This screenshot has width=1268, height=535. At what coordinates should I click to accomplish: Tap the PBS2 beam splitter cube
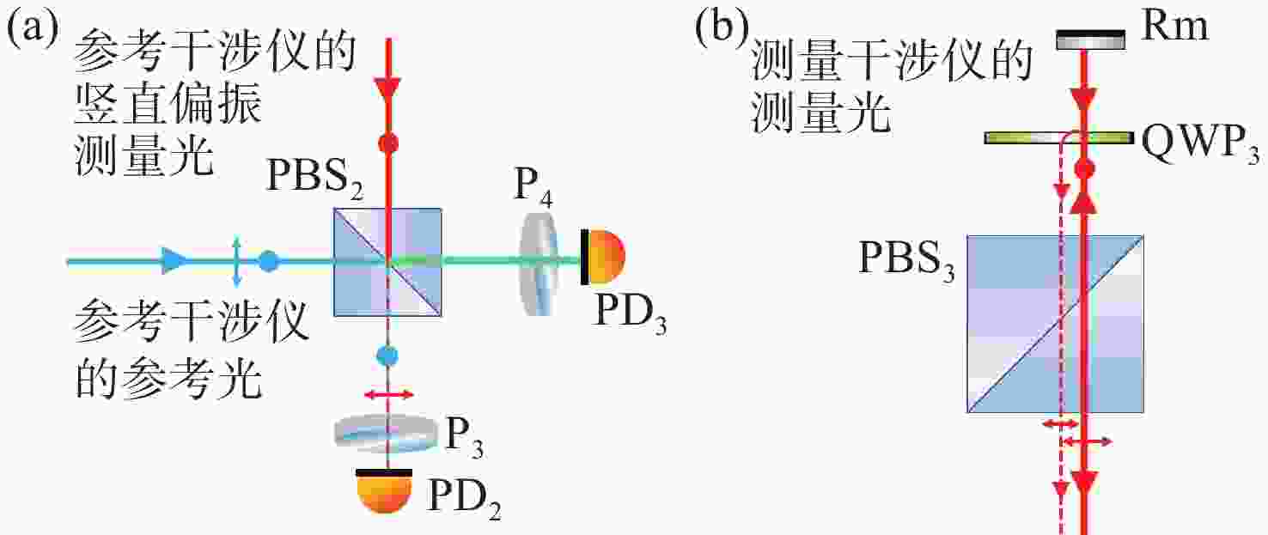tap(387, 262)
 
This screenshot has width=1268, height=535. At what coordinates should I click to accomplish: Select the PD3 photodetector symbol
tap(602, 257)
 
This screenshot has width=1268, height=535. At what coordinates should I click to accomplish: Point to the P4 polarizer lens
tap(539, 264)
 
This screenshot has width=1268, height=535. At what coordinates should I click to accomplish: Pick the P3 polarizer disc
tap(387, 434)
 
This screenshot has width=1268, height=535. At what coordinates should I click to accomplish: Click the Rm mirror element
tap(1091, 40)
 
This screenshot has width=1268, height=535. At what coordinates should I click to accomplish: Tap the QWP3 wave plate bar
tap(1059, 137)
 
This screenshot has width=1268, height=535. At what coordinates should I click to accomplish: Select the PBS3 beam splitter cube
tap(1055, 324)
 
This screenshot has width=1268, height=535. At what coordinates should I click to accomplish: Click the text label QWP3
tap(1201, 145)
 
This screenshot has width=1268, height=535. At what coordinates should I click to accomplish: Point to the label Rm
tap(1174, 26)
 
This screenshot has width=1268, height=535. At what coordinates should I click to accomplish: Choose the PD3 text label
tap(629, 315)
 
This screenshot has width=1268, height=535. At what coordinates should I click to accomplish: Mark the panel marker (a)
tap(33, 28)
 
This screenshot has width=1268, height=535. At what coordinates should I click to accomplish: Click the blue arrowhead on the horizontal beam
tap(174, 261)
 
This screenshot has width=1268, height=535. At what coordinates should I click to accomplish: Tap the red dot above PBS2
tap(387, 143)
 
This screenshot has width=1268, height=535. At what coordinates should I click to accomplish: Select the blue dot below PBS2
tap(387, 356)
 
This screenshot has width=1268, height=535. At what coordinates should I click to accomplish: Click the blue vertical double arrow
tap(237, 262)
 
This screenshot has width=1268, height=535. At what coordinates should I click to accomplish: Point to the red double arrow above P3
tap(388, 394)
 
